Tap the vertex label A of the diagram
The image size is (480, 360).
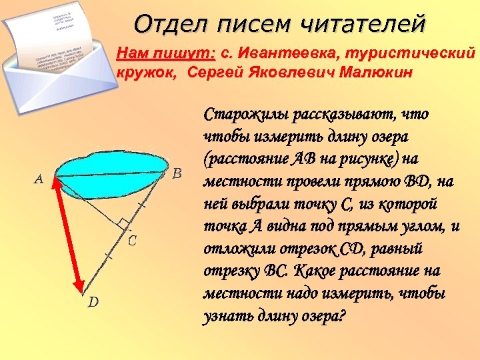tap(39, 179)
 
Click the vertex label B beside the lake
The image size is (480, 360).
tap(177, 174)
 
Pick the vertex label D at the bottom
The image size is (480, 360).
tap(93, 302)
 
